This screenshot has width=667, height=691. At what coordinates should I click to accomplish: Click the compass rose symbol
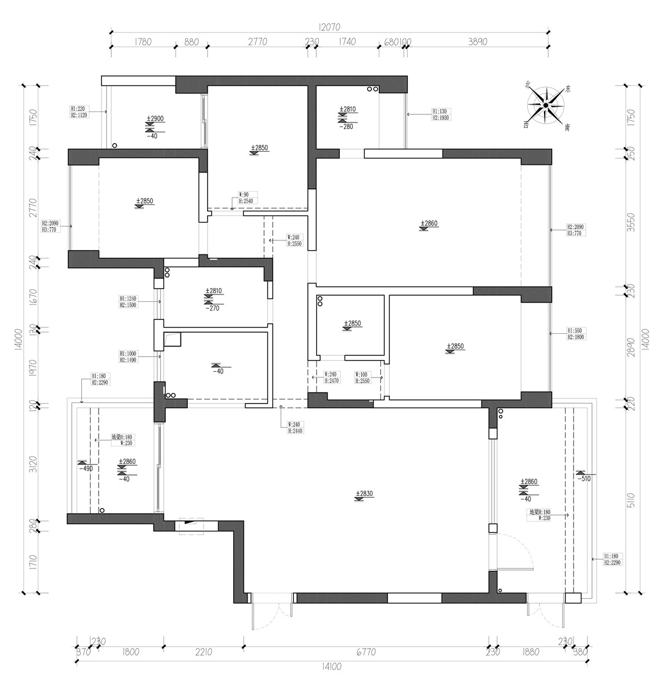pyautogui.click(x=546, y=105)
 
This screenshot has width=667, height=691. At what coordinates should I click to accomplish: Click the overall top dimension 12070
pyautogui.click(x=328, y=27)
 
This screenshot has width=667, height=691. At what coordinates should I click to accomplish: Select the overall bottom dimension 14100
pyautogui.click(x=330, y=667)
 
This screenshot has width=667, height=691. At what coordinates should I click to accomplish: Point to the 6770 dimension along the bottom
pyautogui.click(x=365, y=652)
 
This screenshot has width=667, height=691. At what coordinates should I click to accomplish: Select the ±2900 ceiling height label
pyautogui.click(x=155, y=118)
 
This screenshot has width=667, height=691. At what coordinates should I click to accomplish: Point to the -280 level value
pyautogui.click(x=347, y=126)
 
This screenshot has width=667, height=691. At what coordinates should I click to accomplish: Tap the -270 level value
pyautogui.click(x=213, y=308)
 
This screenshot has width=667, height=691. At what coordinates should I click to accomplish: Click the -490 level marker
pyautogui.click(x=85, y=469)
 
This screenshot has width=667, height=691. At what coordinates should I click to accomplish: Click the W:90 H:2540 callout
pyautogui.click(x=246, y=198)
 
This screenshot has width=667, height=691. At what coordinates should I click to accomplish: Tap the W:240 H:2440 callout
pyautogui.click(x=295, y=428)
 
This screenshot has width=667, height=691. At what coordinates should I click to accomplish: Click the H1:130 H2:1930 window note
pyautogui.click(x=440, y=114)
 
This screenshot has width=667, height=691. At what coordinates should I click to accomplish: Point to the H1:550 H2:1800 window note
pyautogui.click(x=576, y=333)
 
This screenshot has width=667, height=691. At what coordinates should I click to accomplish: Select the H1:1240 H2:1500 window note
pyautogui.click(x=128, y=301)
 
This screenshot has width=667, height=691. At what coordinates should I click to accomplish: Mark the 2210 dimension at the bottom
pyautogui.click(x=203, y=652)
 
